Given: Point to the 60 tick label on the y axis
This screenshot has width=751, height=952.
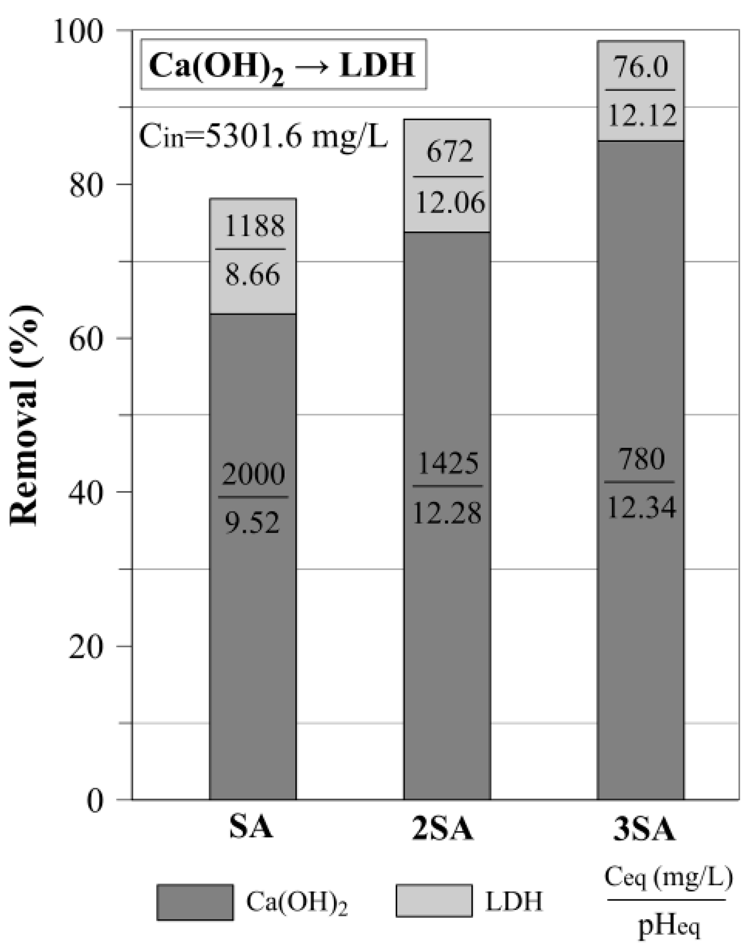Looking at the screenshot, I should click(x=84, y=338).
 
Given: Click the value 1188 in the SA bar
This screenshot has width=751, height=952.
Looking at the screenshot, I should click(x=254, y=226).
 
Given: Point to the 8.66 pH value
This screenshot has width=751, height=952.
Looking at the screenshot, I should click(x=252, y=275).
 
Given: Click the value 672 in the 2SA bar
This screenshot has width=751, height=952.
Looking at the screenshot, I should click(x=449, y=152).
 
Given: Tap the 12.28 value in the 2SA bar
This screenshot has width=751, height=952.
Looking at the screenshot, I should click(x=447, y=512).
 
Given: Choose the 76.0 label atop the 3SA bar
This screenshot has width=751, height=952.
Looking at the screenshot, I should click(x=641, y=67).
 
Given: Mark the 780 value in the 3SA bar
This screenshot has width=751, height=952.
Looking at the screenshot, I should click(x=641, y=459).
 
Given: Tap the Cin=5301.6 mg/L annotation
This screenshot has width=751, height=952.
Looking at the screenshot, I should click(x=263, y=136).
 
